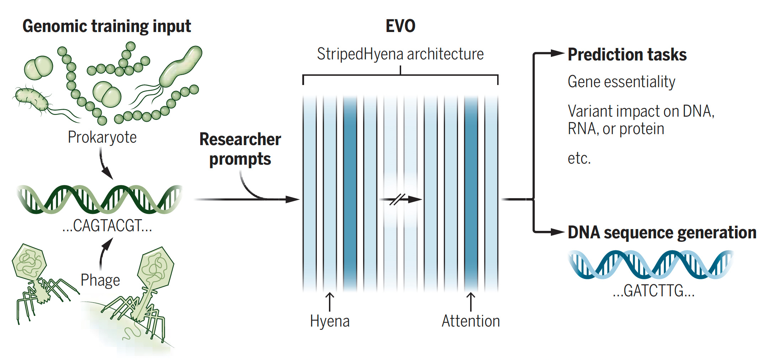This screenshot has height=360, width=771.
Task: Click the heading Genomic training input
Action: [x=107, y=26]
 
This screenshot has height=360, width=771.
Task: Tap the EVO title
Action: [x=400, y=26]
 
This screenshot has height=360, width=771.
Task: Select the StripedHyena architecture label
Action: [x=400, y=54]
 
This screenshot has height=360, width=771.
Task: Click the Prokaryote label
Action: [x=102, y=137]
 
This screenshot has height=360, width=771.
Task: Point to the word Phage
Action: [x=100, y=280]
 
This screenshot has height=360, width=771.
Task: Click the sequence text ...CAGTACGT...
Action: [x=107, y=226]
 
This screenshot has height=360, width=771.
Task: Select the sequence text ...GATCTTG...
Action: [x=653, y=291]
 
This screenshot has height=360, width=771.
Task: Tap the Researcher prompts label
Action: [x=240, y=149]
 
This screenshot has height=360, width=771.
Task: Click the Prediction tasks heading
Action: [x=627, y=55]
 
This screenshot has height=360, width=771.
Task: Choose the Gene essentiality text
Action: [x=621, y=82]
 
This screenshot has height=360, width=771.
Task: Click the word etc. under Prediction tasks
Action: [x=579, y=158]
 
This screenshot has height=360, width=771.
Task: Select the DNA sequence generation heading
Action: [x=662, y=233]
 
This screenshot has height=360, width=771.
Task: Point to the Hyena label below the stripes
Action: [x=330, y=321]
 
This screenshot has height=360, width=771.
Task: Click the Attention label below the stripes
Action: [x=470, y=321]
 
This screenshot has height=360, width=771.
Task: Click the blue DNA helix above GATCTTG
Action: [x=651, y=264]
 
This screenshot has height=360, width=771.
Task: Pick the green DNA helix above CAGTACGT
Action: [x=100, y=199]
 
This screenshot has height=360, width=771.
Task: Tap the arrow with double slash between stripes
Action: [x=401, y=199]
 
